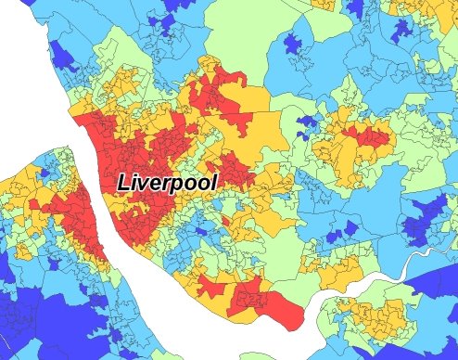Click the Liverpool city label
pyautogui.click(x=167, y=182)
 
